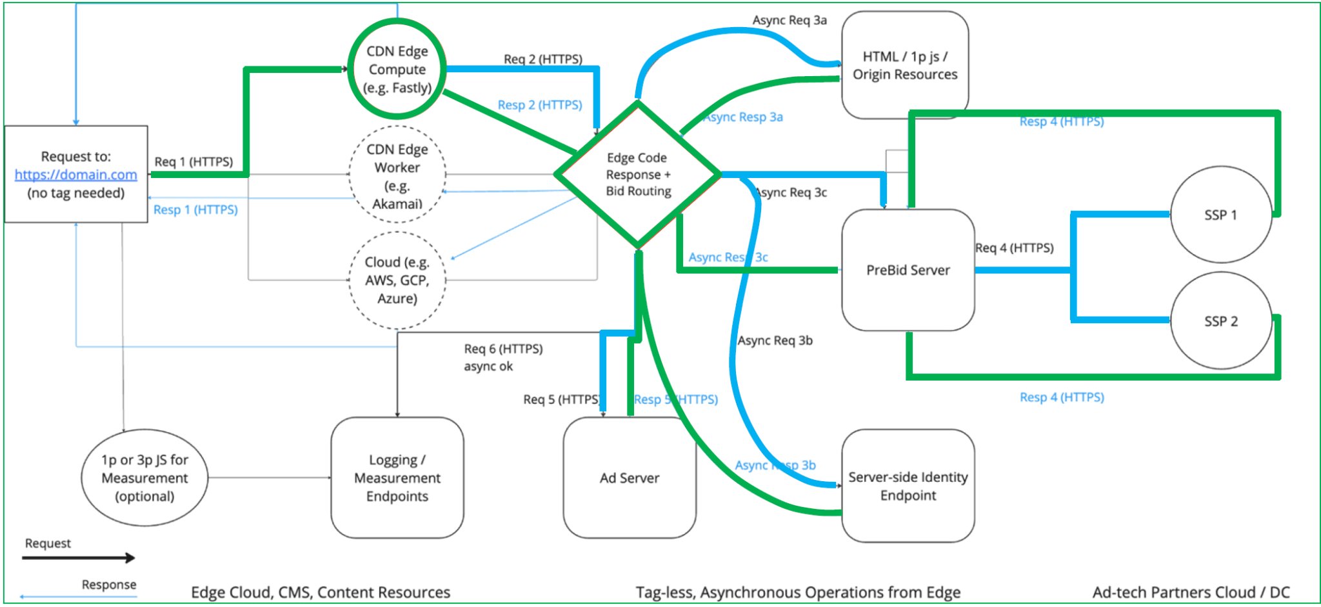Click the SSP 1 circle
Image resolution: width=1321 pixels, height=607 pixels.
(1220, 215)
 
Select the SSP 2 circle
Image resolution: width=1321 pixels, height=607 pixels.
(1220, 321)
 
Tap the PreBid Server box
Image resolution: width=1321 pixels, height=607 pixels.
(908, 270)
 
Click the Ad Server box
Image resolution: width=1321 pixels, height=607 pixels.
(629, 477)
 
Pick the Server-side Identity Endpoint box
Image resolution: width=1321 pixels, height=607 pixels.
(908, 486)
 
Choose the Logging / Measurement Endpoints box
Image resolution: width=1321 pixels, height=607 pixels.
(397, 477)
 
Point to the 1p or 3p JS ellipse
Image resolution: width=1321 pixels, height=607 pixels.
(144, 477)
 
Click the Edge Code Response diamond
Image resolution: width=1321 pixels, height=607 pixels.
(638, 174)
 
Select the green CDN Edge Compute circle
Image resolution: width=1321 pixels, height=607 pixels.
(397, 69)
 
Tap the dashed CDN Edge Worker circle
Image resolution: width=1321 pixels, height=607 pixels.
(397, 175)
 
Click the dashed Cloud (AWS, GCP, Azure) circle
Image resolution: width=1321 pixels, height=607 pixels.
(397, 280)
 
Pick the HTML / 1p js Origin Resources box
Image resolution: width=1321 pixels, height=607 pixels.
(904, 65)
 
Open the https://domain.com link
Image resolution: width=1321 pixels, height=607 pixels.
(75, 175)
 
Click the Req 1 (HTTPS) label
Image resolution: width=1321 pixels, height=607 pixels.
(194, 161)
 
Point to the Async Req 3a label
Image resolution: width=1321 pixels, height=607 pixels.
(789, 20)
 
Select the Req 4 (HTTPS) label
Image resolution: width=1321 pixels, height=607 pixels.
(1014, 248)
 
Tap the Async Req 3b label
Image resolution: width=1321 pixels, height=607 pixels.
(775, 341)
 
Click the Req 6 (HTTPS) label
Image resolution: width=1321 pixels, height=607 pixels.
(503, 349)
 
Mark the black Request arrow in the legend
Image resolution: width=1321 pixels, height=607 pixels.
(78, 558)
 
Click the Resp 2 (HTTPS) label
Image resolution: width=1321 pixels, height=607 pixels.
(539, 105)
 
